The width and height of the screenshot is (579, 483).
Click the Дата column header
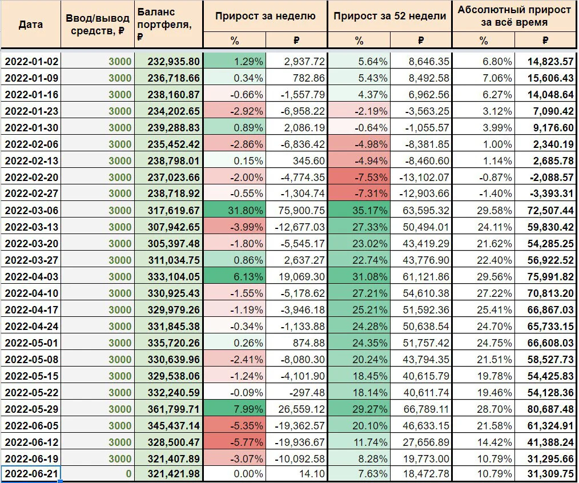[x=30, y=25]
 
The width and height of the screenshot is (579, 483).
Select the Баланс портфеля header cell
[x=168, y=25]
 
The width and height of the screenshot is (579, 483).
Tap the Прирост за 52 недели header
[x=389, y=16]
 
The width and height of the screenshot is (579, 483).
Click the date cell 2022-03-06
[x=31, y=211]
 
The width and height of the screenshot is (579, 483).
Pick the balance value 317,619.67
[x=174, y=211]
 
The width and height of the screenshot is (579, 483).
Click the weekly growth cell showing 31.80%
[x=235, y=211]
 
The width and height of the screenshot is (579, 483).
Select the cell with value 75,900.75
[x=296, y=211]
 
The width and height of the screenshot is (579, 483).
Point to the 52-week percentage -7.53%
[x=359, y=177]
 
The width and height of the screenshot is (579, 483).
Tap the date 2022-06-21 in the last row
[x=31, y=473]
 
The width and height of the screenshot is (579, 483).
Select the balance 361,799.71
[x=174, y=409]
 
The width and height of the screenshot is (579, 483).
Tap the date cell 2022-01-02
[x=31, y=61]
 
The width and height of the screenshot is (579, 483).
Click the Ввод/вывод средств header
[x=98, y=25]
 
